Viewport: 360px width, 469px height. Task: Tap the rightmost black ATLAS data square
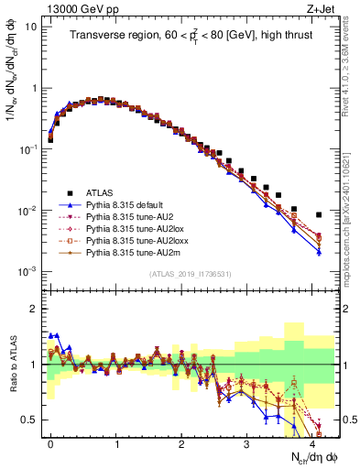tap(319, 215)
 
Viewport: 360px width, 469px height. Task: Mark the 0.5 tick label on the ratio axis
tap(32, 420)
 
